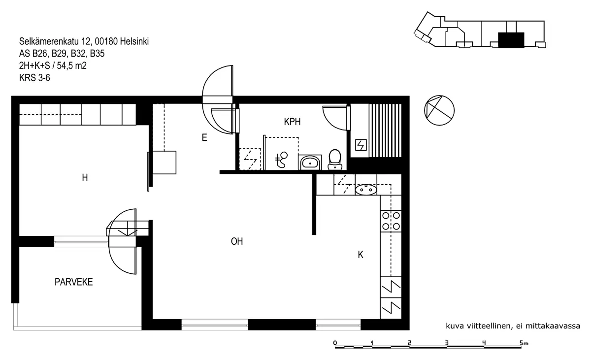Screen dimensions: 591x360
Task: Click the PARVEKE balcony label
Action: pyautogui.click(x=73, y=282)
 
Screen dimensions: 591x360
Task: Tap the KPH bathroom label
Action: pyautogui.click(x=293, y=122)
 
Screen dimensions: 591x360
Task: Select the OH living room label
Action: pyautogui.click(x=237, y=241)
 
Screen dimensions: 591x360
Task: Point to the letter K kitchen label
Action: pyautogui.click(x=361, y=255)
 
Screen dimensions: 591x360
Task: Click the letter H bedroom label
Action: pyautogui.click(x=85, y=178)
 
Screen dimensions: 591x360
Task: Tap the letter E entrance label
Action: pyautogui.click(x=204, y=137)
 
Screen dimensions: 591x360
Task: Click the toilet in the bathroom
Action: pyautogui.click(x=335, y=160)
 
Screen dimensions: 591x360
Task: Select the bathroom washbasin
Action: pyautogui.click(x=310, y=162)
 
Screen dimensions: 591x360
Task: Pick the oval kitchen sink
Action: pyautogui.click(x=366, y=190)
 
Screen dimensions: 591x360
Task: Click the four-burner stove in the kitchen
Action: pyautogui.click(x=391, y=221)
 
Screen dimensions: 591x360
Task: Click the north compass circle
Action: pyautogui.click(x=439, y=110)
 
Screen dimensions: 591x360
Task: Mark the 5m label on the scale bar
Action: pyautogui.click(x=524, y=343)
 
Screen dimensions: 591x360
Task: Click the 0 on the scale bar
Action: pyautogui.click(x=335, y=343)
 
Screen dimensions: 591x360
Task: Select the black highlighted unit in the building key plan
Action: pyautogui.click(x=511, y=40)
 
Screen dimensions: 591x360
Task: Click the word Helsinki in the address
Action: pyautogui.click(x=134, y=41)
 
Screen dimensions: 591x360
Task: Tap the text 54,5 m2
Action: pyautogui.click(x=72, y=65)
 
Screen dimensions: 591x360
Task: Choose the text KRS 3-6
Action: pyautogui.click(x=34, y=78)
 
